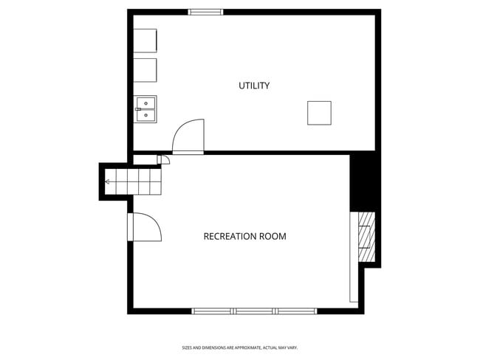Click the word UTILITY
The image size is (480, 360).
[x=254, y=86]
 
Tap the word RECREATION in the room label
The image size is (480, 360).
[x=229, y=237]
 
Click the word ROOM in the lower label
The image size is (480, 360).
[x=272, y=237]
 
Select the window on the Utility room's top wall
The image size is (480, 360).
[x=205, y=12]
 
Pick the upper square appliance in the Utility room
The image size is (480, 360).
[x=145, y=41]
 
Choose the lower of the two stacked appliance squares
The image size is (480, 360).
[x=145, y=69]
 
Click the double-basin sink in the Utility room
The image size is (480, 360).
[x=145, y=108]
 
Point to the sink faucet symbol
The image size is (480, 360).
[x=137, y=108]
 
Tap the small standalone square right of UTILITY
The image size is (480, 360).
[x=319, y=113]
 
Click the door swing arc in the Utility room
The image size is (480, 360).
[x=190, y=135]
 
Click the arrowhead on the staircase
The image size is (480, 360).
[x=108, y=181]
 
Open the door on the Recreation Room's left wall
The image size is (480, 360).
[x=144, y=226]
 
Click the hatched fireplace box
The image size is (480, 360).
[x=366, y=236]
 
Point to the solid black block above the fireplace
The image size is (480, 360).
[x=364, y=181]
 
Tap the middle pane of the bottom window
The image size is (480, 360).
[x=255, y=311]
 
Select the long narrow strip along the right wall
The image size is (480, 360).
[x=354, y=257]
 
